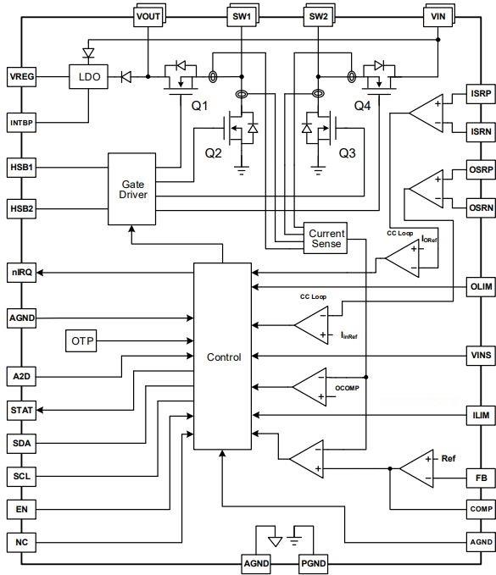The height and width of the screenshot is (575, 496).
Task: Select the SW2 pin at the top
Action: click(319, 16)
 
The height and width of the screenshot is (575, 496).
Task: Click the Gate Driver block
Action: click(132, 190)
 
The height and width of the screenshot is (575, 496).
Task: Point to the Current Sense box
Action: click(326, 238)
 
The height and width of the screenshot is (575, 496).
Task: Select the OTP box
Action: click(82, 340)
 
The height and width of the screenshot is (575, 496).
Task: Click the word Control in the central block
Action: click(224, 357)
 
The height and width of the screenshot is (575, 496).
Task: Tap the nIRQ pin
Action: click(22, 272)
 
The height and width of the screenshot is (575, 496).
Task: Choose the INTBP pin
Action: click(22, 123)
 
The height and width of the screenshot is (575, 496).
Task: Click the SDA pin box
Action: click(22, 443)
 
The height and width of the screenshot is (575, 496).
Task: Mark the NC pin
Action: click(22, 541)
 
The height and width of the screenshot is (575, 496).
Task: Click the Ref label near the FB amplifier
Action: click(449, 458)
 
